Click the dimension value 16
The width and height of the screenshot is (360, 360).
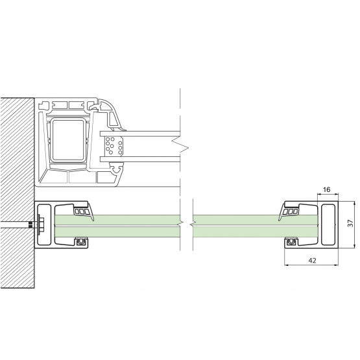pyautogui.click(x=326, y=189)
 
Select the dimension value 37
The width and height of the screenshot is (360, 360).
pyautogui.click(x=350, y=223)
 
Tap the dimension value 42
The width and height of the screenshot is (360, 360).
pyautogui.click(x=312, y=261)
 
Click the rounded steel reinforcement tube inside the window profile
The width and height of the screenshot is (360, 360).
pyautogui.click(x=68, y=140)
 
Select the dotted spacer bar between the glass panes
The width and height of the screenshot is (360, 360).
pyautogui.click(x=114, y=146)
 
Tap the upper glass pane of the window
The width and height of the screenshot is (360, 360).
pyautogui.click(x=140, y=134)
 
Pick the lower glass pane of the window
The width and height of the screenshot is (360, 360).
pyautogui.click(x=140, y=159)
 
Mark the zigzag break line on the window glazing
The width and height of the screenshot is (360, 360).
pyautogui.click(x=180, y=145)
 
